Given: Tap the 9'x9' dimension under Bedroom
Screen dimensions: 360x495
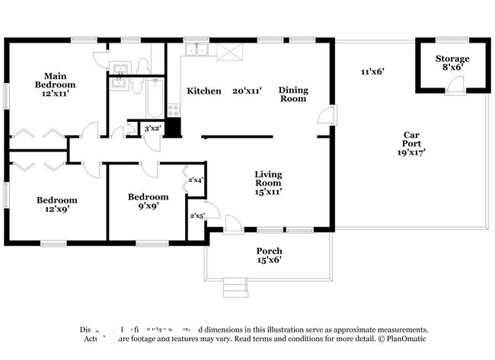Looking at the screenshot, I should (x=148, y=205).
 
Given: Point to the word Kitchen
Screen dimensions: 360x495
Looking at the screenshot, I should (x=204, y=91).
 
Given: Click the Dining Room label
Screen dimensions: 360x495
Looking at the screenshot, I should (x=292, y=94).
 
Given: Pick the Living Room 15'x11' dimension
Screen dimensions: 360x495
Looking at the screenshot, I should (x=268, y=192).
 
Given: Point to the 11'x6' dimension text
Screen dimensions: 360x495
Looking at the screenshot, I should (x=372, y=72).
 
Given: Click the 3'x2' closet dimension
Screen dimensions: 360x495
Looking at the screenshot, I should (x=152, y=129).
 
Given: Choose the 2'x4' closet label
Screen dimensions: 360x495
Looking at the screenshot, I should (x=196, y=180).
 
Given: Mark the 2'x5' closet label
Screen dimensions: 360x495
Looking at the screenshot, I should (x=196, y=215).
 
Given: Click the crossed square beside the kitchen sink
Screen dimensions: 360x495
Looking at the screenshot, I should (x=228, y=51).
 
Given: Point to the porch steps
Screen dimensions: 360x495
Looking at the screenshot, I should (x=235, y=288).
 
